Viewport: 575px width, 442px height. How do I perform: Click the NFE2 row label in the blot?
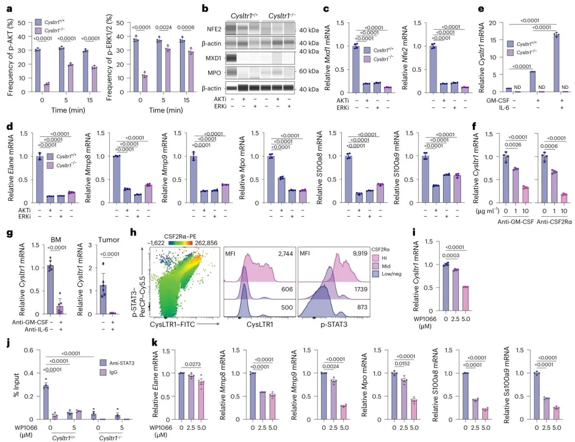coord(214,29)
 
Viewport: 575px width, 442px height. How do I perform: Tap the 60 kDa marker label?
coord(309,71)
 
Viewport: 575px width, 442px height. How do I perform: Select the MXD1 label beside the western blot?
coord(214,59)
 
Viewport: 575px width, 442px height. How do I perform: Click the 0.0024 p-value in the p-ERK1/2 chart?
coord(163,28)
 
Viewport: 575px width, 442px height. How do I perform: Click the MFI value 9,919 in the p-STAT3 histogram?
coord(360,253)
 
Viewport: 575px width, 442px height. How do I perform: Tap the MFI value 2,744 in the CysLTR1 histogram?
coord(285,253)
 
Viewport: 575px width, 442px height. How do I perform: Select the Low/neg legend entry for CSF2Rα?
coord(391,274)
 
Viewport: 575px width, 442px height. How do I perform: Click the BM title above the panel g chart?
coord(56,240)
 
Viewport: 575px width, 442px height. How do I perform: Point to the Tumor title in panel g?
coord(109,240)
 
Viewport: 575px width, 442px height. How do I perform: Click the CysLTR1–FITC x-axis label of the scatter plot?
coord(172,324)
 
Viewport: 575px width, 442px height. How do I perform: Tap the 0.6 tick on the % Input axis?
coord(29,350)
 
